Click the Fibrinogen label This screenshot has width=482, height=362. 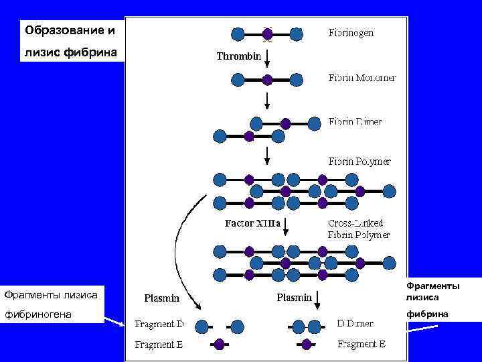pos(351,32)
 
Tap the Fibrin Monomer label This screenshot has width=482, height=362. pos(361,78)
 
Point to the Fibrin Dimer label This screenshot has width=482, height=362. pos(355,122)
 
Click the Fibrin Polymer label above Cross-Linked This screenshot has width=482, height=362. pos(359,162)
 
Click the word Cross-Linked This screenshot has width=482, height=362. pos(355,223)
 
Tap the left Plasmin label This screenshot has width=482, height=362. pos(163,298)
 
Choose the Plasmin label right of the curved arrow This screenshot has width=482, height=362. pos(295,297)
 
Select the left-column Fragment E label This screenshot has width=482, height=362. pos(159,345)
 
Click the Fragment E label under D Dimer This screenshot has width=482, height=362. pos(361,345)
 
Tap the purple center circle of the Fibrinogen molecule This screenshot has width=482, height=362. pos(267,34)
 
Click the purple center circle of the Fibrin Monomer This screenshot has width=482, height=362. pos(267,80)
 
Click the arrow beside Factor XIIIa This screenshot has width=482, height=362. pos(286,227)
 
